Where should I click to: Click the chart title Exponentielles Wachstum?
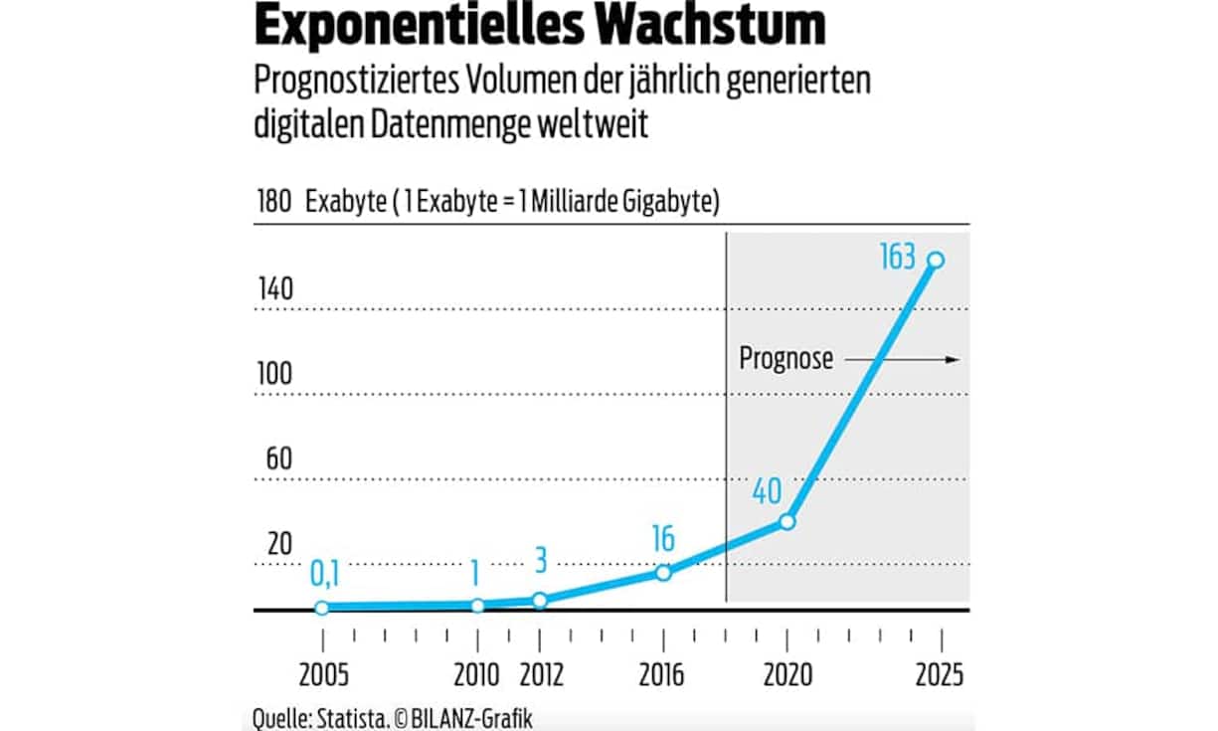tap(540, 28)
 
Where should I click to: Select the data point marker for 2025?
tap(936, 260)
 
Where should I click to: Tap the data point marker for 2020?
tap(786, 521)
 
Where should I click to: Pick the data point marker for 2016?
tap(663, 573)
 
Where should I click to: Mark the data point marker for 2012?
tap(540, 600)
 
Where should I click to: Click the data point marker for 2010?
tap(477, 606)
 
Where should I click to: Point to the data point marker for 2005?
tap(322, 608)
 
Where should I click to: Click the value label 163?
tap(897, 258)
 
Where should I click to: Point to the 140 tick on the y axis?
tap(274, 290)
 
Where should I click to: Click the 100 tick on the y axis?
tap(274, 376)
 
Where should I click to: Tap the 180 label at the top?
tap(273, 203)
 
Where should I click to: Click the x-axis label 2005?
tap(323, 675)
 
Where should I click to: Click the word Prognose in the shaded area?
tap(785, 359)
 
